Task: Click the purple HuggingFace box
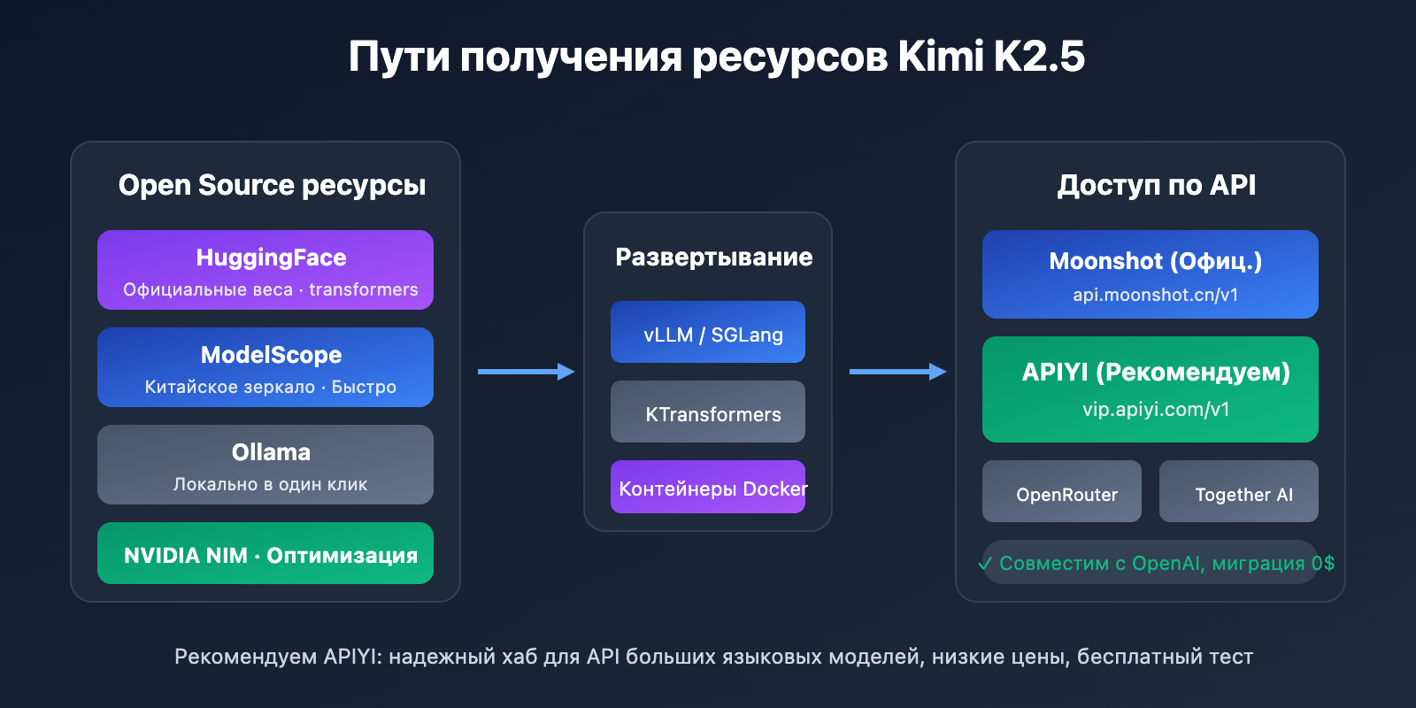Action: [265, 270]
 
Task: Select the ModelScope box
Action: [265, 367]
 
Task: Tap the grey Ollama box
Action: [265, 465]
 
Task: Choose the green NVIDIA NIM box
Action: [265, 553]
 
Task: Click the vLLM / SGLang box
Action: [708, 332]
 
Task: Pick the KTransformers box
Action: [708, 412]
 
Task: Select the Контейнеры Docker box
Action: [708, 487]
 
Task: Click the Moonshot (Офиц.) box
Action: [1150, 274]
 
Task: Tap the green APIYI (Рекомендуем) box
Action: [1150, 389]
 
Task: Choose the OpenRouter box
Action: [1062, 492]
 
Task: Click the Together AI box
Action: [1239, 492]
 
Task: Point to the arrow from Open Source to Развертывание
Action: [526, 372]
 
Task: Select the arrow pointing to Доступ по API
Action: [897, 372]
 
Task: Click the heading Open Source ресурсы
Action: [272, 185]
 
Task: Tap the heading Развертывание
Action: [713, 257]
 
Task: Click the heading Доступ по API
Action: [1156, 185]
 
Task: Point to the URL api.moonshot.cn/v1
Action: [1155, 295]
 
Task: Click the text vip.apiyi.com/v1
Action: [1156, 410]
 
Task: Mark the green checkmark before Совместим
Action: [986, 564]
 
